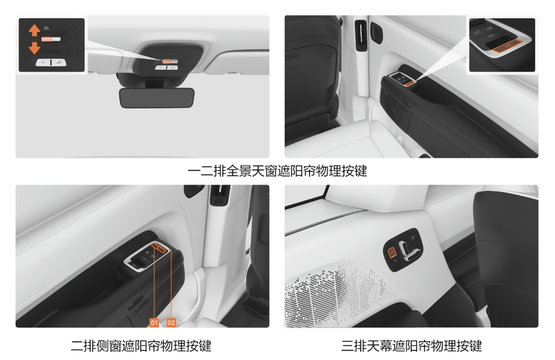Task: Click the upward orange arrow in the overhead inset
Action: point(34,30)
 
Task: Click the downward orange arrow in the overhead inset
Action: point(34,48)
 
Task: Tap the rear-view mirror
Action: point(157,98)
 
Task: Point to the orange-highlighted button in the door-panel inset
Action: point(508,46)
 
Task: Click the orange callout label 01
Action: point(154,323)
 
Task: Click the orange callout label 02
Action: point(171,323)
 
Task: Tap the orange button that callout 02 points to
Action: point(162,249)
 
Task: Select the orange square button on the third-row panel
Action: point(392,252)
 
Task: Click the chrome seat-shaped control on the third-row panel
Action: point(409,250)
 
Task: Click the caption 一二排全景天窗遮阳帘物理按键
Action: point(277,171)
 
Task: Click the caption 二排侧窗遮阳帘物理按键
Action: point(141,345)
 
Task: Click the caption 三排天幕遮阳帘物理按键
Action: point(411,345)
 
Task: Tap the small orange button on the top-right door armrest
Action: point(409,83)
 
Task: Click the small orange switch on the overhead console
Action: point(165,61)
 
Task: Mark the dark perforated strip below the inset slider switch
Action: point(51,51)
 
